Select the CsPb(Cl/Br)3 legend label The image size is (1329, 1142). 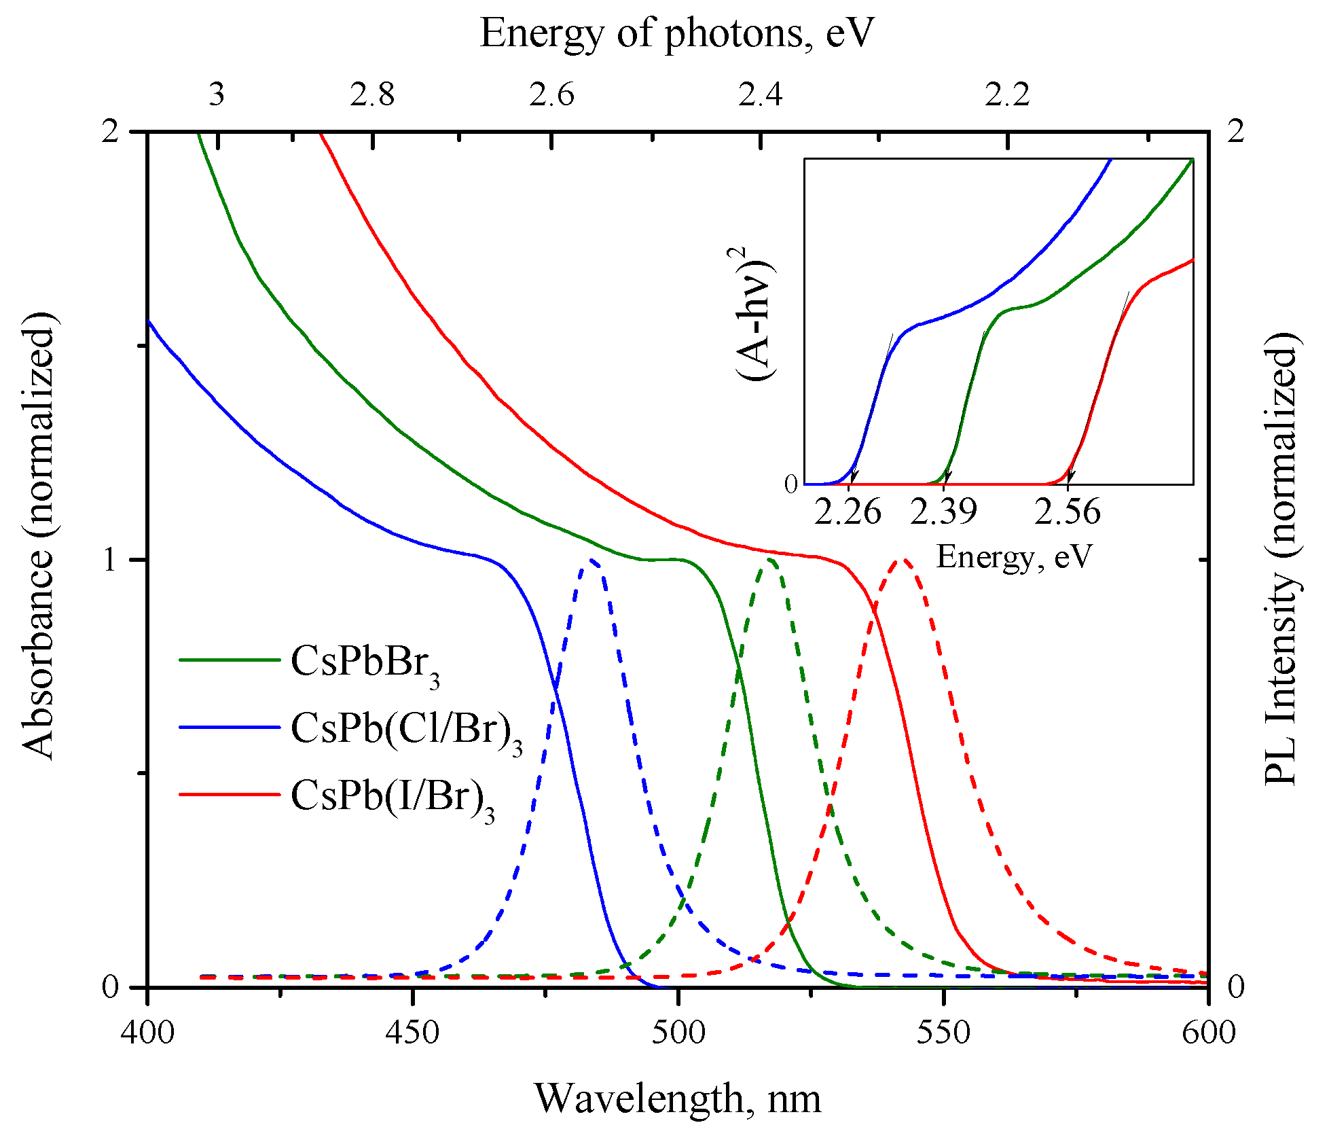tap(406, 730)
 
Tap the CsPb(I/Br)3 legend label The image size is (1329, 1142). tap(392, 796)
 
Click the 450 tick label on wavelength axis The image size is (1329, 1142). tap(412, 1033)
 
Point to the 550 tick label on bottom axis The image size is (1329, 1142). tap(943, 1033)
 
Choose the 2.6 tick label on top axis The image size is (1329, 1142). tap(551, 95)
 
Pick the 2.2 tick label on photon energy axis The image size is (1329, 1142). tap(1007, 95)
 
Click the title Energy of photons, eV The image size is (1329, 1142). tap(676, 33)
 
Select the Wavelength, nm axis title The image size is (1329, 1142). tap(678, 1099)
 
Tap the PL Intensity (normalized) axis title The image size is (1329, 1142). tap(1281, 559)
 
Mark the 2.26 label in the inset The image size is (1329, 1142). tap(848, 512)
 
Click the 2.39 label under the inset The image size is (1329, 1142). tap(943, 512)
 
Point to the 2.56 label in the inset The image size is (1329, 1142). tap(1067, 512)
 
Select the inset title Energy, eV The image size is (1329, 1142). tap(1014, 557)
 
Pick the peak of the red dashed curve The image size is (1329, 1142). tap(902, 560)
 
